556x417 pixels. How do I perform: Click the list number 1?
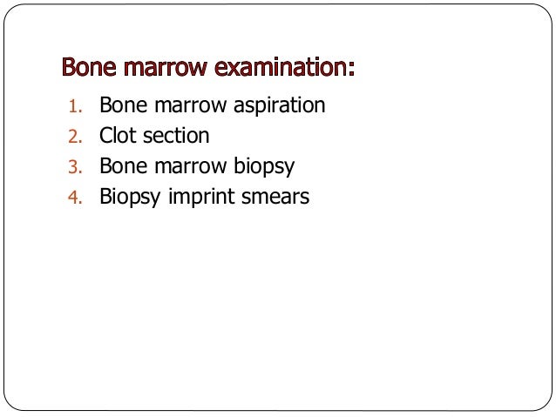(x=75, y=107)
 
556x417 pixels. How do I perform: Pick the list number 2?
(x=75, y=137)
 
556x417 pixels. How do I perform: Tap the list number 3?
(x=75, y=167)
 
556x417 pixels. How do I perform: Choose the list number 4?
(x=75, y=198)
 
